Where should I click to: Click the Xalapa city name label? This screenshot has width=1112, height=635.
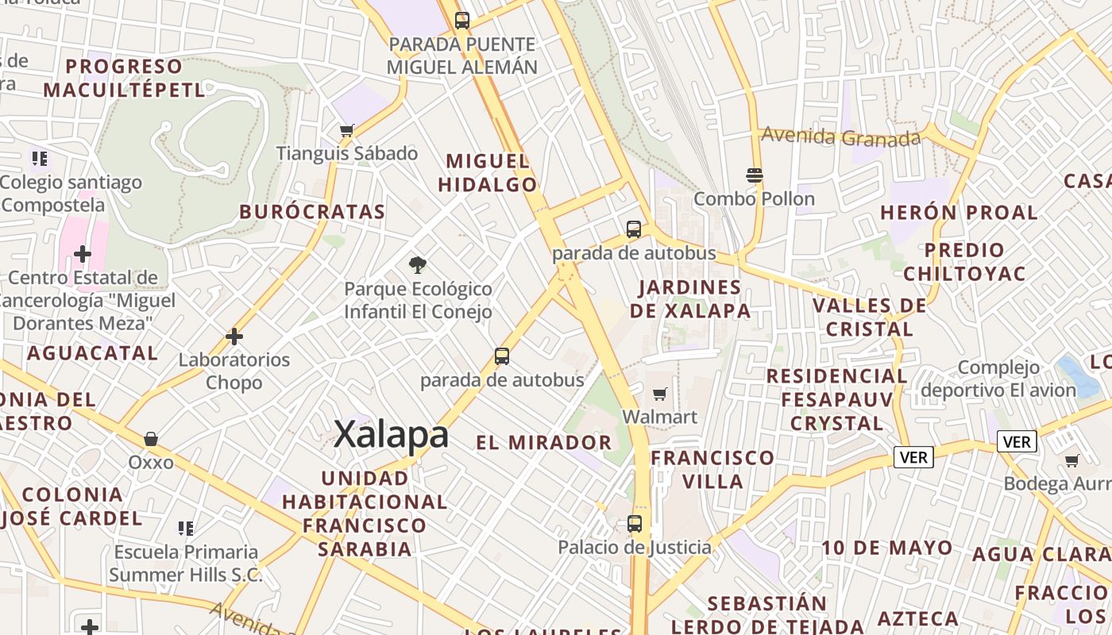(391, 435)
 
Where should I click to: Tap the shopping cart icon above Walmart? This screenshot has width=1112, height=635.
(659, 394)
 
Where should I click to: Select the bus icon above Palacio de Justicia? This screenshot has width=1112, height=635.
(634, 524)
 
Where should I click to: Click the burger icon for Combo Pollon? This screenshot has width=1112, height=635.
(754, 175)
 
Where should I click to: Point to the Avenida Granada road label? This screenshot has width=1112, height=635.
(840, 137)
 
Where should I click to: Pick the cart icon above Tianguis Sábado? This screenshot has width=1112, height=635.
(346, 130)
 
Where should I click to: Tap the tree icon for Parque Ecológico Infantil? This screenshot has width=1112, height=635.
(417, 265)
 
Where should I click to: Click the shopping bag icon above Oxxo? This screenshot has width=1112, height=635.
(151, 439)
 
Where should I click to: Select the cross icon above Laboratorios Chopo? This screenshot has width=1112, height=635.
(234, 337)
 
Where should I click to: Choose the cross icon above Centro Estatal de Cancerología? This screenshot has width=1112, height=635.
(83, 255)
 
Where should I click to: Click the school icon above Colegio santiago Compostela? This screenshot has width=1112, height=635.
(40, 159)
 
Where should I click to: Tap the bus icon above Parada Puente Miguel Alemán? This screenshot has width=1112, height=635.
(461, 21)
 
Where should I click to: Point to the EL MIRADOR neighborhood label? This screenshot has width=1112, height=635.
(544, 442)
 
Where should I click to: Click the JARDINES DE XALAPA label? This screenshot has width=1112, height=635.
(690, 298)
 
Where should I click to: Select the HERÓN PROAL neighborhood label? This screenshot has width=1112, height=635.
(959, 213)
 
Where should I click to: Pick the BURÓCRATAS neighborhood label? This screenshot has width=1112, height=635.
(312, 212)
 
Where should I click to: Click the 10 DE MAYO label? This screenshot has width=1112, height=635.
(886, 548)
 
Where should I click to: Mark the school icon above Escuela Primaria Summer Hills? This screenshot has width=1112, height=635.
(186, 529)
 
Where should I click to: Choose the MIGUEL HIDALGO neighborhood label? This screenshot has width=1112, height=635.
(488, 173)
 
